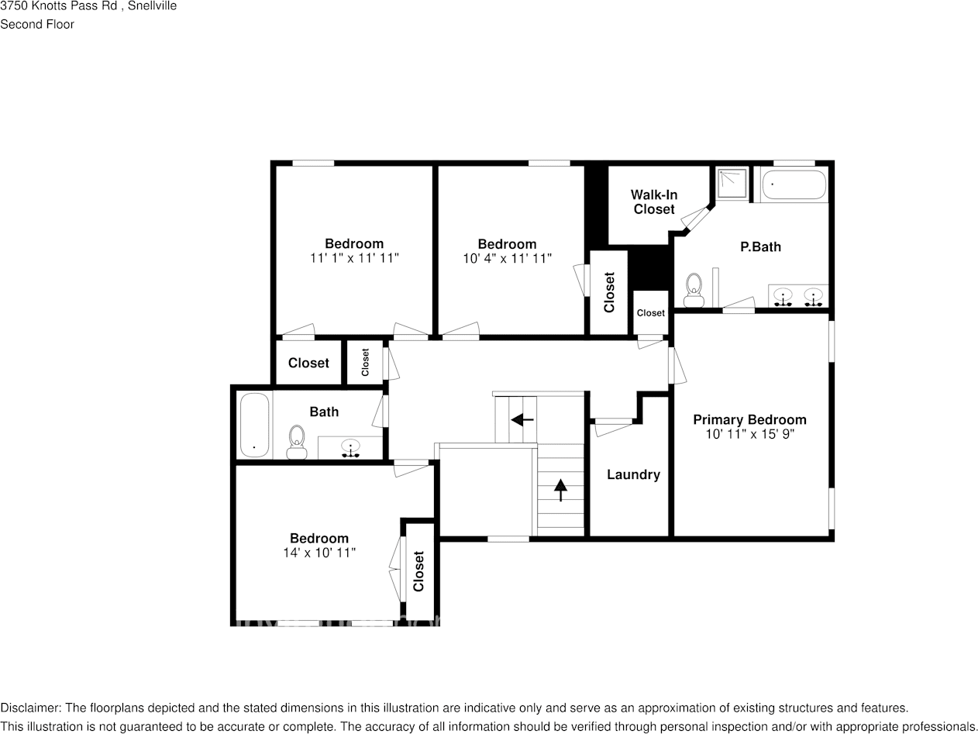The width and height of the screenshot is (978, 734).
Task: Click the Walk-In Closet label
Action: pyautogui.click(x=653, y=202)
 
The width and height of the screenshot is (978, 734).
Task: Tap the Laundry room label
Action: pyautogui.click(x=633, y=475)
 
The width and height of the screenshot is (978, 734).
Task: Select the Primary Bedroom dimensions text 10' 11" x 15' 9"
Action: pyautogui.click(x=749, y=435)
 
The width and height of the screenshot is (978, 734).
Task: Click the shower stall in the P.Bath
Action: pyautogui.click(x=732, y=184)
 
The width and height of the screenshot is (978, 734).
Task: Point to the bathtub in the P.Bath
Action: pyautogui.click(x=794, y=185)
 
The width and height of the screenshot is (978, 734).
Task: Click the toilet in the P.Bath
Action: pyautogui.click(x=694, y=289)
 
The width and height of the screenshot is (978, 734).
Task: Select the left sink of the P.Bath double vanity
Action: pyautogui.click(x=784, y=296)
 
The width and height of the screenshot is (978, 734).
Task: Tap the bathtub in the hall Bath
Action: pyautogui.click(x=254, y=426)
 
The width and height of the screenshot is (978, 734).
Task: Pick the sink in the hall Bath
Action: pyautogui.click(x=351, y=448)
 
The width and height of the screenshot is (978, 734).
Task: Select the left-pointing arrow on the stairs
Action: pyautogui.click(x=522, y=420)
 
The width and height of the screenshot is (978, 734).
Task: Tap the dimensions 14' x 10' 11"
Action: pyautogui.click(x=319, y=553)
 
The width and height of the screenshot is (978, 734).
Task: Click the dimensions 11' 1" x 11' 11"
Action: pyautogui.click(x=353, y=258)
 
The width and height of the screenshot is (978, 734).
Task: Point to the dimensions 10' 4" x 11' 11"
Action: pyautogui.click(x=507, y=258)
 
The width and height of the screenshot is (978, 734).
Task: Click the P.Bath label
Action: pyautogui.click(x=760, y=247)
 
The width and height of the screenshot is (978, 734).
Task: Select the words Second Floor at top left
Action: pyautogui.click(x=37, y=24)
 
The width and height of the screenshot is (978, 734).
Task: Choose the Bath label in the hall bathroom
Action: pyautogui.click(x=324, y=412)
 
